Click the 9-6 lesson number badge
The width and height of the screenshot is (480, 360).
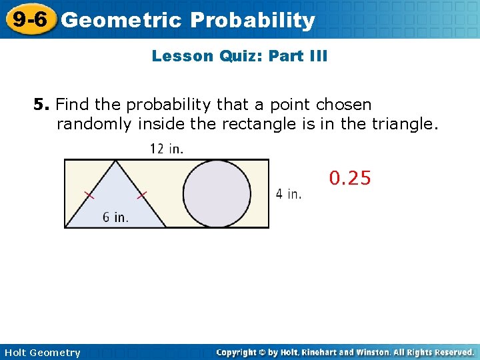[x=28, y=20]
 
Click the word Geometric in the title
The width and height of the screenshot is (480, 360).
[x=121, y=21]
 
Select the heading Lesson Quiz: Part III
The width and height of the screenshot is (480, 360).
[x=239, y=56]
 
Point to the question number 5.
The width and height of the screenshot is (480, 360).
[x=42, y=105]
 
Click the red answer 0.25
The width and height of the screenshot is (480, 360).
[x=350, y=178]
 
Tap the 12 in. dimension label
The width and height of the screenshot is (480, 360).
[x=167, y=149]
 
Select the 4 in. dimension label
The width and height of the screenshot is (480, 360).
[x=289, y=194]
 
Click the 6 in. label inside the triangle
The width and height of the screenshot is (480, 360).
[x=115, y=217]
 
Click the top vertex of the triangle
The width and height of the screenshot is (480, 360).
[x=116, y=160]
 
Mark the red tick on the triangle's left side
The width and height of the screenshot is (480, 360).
[x=89, y=195]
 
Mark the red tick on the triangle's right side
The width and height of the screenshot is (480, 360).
[x=142, y=195]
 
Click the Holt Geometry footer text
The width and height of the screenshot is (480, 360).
[x=42, y=353]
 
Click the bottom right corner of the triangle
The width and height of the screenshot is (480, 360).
[x=166, y=227]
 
